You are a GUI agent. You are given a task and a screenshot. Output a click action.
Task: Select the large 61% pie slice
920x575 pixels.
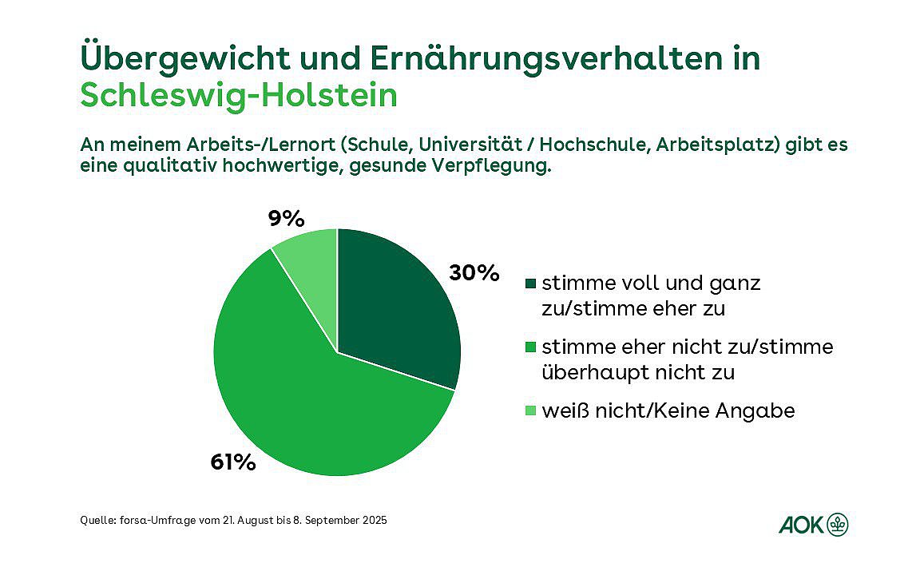pyautogui.click(x=319, y=407)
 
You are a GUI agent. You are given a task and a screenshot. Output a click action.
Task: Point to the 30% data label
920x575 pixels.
pyautogui.click(x=474, y=273)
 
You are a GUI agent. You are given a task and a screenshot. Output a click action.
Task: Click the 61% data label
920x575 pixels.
pyautogui.click(x=233, y=462)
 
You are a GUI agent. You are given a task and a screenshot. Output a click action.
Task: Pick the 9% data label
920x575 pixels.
pyautogui.click(x=287, y=218)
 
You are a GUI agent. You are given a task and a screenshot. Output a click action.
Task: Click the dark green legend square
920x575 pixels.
pyautogui.click(x=531, y=284)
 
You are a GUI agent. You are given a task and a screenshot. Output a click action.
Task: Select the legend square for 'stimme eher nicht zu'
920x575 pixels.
pyautogui.click(x=531, y=347)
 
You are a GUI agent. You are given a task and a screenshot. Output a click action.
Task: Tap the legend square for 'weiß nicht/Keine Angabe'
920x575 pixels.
pyautogui.click(x=531, y=411)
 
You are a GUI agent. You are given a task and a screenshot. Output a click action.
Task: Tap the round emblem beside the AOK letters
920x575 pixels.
pyautogui.click(x=838, y=525)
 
